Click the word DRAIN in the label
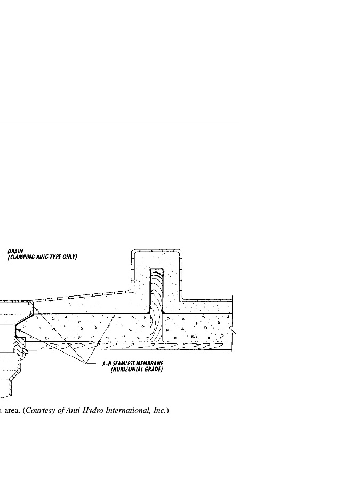click(x=15, y=251)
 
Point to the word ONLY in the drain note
click(x=69, y=257)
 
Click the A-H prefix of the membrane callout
click(x=107, y=364)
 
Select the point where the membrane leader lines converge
click(x=85, y=363)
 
